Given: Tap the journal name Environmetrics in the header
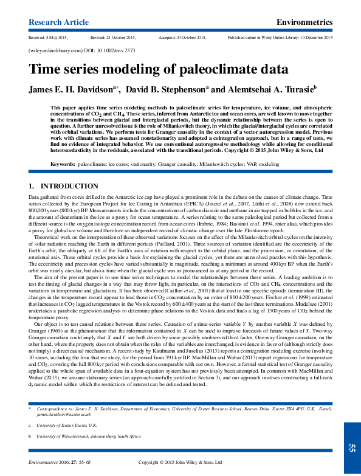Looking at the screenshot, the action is click(x=304, y=22).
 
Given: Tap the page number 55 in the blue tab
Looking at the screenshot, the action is click(x=351, y=447).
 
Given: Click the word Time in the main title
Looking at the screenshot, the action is click(x=47, y=69).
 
